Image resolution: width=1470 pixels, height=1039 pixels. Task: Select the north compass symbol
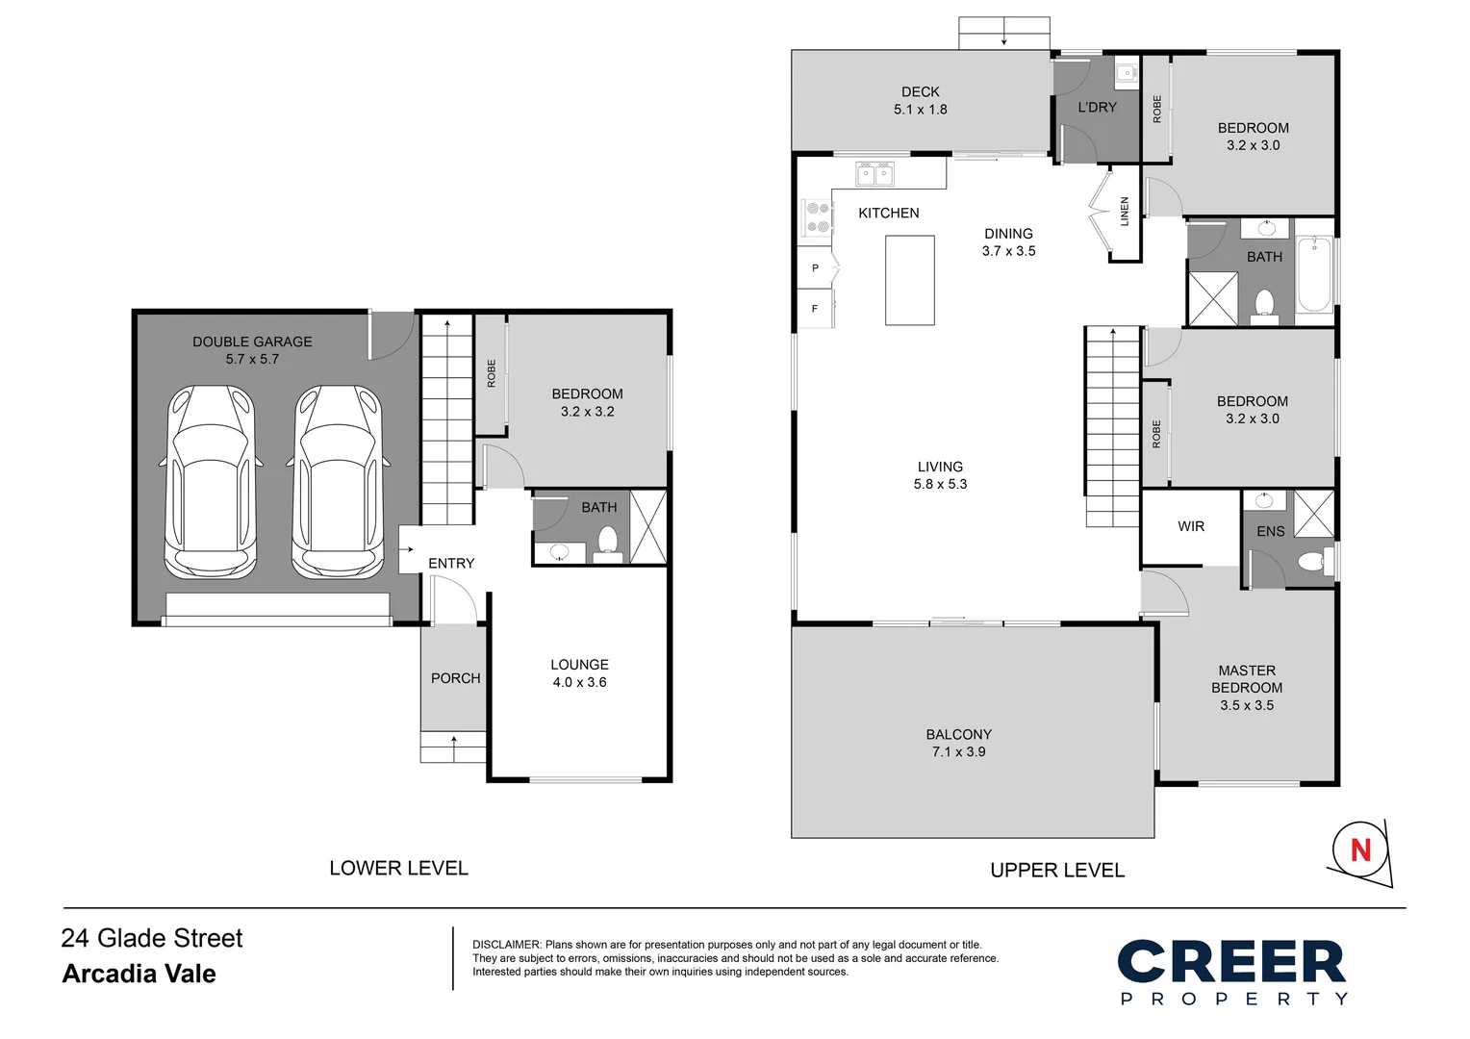click(1360, 850)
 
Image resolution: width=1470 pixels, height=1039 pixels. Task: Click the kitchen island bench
click(909, 280)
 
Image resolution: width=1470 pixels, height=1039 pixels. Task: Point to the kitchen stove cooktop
click(818, 217)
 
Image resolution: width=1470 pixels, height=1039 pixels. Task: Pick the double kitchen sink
click(874, 174)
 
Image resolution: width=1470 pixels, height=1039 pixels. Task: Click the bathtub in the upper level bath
click(1313, 273)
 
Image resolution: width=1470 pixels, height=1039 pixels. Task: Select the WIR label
click(1191, 526)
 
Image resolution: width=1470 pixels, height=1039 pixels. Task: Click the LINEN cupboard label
click(1125, 212)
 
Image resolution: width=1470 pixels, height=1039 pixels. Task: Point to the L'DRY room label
click(1097, 108)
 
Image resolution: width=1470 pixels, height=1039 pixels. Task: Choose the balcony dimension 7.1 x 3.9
click(958, 752)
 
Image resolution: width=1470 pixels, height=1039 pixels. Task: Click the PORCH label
click(455, 678)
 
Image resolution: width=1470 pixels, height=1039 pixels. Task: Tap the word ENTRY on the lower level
click(451, 564)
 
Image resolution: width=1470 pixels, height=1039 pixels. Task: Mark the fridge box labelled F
click(815, 309)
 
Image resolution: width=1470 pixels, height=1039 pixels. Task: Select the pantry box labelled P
click(815, 267)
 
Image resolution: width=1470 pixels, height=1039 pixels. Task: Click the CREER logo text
click(1230, 963)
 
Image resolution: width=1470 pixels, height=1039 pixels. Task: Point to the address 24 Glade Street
click(152, 938)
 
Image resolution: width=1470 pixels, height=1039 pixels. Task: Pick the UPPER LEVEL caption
click(1056, 871)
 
